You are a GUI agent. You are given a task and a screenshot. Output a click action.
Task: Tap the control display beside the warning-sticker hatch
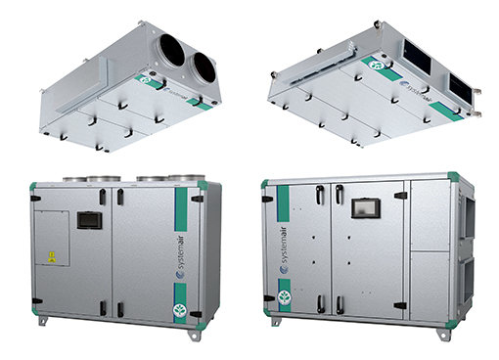pos(89,219)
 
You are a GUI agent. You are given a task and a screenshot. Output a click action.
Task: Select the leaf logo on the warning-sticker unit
pos(181,311)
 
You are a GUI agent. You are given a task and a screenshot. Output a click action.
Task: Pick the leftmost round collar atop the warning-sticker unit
pos(75,178)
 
